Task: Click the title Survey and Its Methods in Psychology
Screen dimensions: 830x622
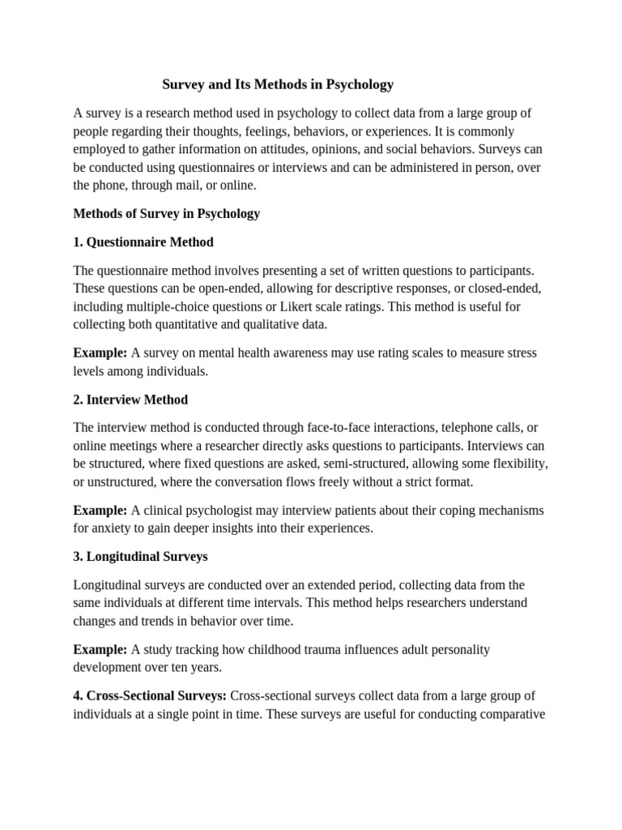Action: click(x=278, y=84)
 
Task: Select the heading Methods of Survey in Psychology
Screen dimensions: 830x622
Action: click(x=167, y=214)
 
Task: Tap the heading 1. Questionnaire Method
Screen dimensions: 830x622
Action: click(x=143, y=242)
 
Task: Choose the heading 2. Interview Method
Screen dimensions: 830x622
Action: click(x=130, y=400)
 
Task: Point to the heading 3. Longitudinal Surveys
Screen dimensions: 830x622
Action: click(x=140, y=557)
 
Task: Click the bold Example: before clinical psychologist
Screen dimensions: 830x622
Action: click(x=100, y=511)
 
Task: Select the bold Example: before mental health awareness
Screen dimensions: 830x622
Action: click(x=100, y=353)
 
